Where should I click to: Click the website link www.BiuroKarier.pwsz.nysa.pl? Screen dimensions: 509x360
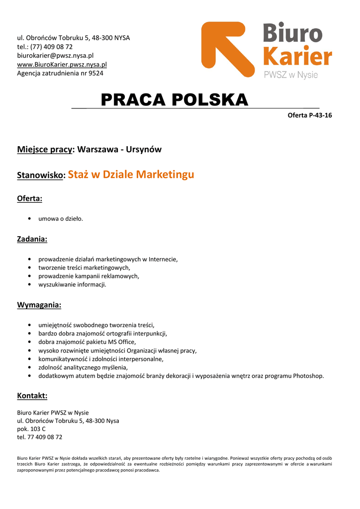62,64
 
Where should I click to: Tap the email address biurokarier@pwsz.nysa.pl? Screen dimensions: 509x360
55,55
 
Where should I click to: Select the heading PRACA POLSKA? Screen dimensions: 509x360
174,100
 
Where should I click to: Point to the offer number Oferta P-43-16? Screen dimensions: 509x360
310,116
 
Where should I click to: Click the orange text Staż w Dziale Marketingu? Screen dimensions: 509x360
131,174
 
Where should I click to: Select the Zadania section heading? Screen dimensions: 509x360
32,239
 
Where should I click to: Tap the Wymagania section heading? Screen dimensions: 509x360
39,305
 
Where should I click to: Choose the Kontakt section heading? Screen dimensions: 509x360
32,396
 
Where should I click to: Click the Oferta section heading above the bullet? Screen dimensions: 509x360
30,199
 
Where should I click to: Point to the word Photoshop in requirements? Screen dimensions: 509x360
308,376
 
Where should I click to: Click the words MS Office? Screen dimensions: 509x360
121,342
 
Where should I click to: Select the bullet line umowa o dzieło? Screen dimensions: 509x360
61,218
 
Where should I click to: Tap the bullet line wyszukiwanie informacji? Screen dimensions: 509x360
72,285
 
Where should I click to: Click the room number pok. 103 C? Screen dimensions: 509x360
31,428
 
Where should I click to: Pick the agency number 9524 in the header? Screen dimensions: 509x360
95,73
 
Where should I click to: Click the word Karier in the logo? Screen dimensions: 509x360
297,57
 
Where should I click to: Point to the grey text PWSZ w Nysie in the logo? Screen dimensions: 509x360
290,76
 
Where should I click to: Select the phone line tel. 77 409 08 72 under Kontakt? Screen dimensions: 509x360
40,437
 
